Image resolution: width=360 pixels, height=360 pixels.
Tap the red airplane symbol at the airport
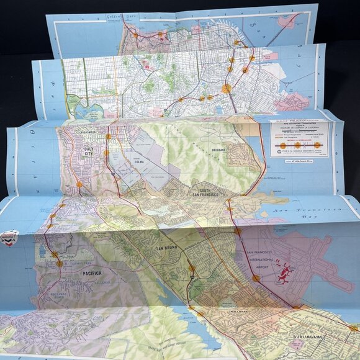(x=284, y=273)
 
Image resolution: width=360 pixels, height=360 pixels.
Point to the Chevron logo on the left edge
(x=9, y=238)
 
